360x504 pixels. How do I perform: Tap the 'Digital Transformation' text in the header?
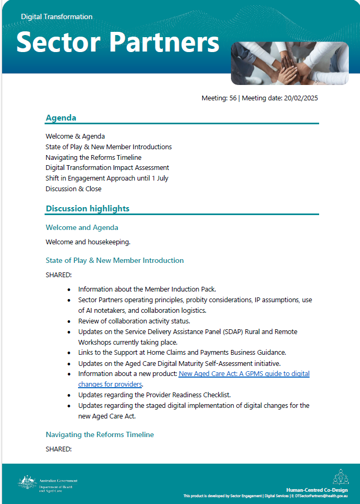(x=57, y=17)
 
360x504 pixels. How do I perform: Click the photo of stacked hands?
(x=289, y=63)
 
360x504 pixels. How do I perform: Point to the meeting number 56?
(x=233, y=98)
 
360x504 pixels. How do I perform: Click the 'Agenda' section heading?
(x=61, y=118)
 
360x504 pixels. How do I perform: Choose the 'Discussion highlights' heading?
(x=88, y=209)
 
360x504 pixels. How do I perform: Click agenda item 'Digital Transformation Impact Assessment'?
(x=107, y=168)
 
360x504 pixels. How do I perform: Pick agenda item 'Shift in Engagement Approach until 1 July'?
(x=107, y=178)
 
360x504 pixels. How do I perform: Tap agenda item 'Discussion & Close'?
(x=73, y=189)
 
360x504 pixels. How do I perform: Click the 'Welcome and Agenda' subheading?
(x=82, y=228)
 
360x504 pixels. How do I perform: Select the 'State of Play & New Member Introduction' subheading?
(x=115, y=261)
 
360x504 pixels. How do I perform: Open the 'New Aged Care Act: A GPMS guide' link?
(x=244, y=374)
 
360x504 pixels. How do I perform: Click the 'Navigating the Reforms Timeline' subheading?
(x=100, y=435)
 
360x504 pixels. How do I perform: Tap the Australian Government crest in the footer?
(x=27, y=482)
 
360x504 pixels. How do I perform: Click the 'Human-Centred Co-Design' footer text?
(x=316, y=490)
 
